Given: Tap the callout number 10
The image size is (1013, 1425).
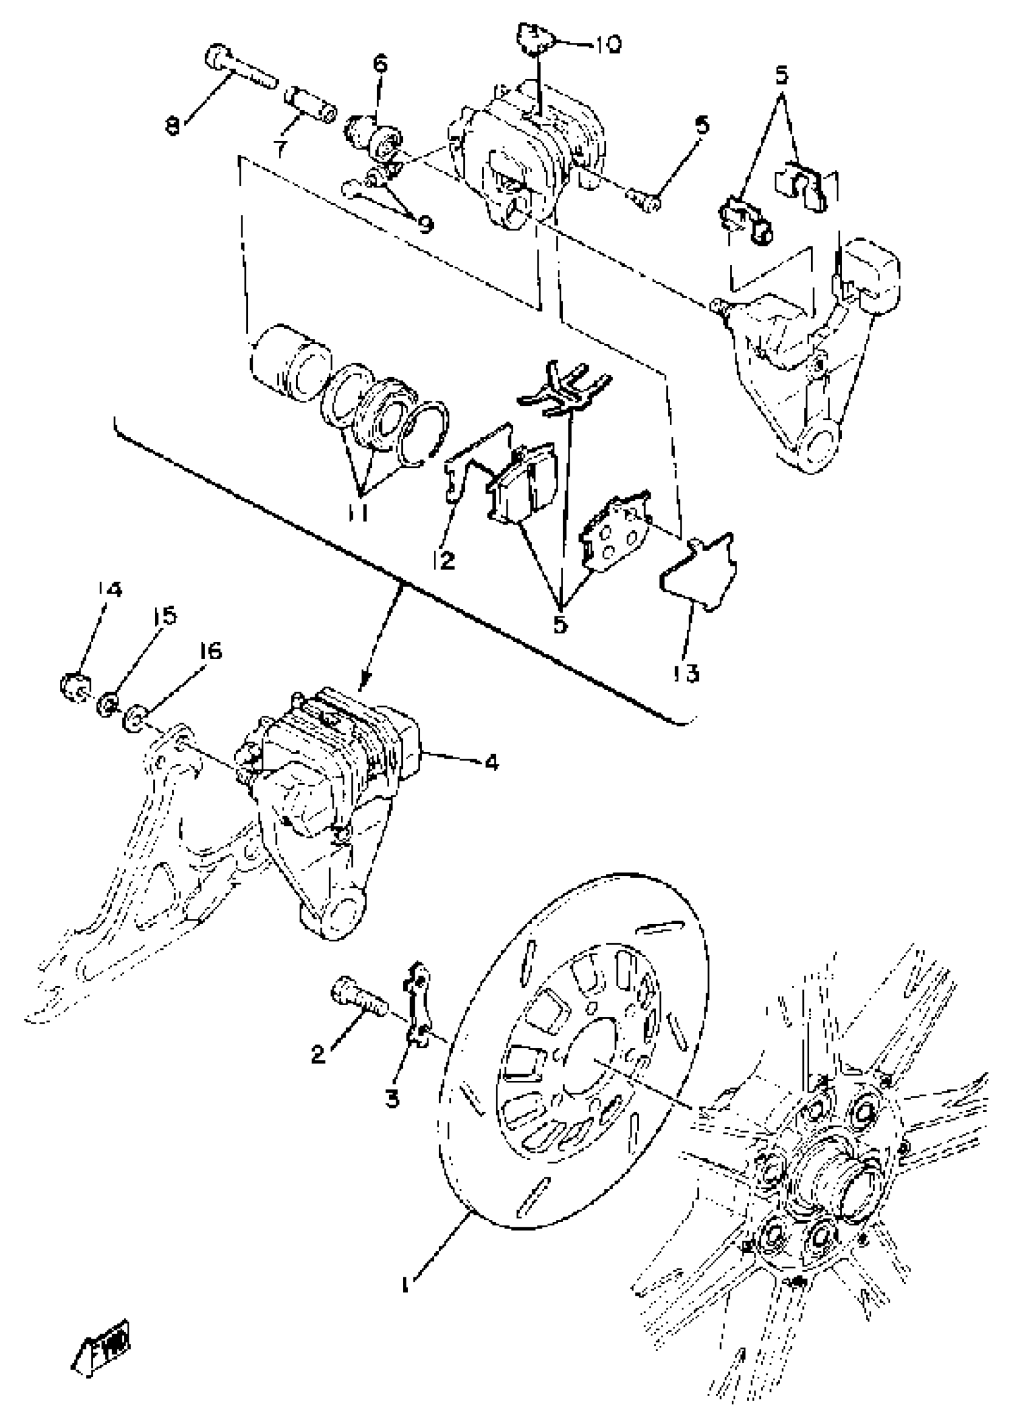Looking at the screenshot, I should pos(604,45).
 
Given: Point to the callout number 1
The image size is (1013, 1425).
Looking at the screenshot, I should pos(406,1283).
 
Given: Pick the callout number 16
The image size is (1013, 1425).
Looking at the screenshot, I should pos(211,652).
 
